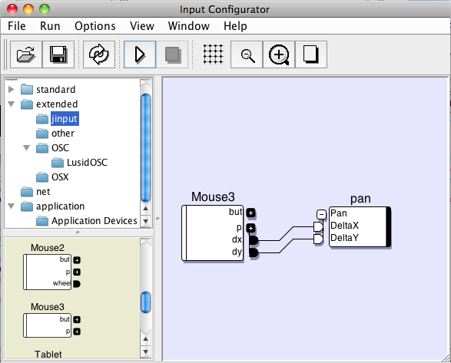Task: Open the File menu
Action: click(16, 26)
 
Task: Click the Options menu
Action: click(95, 26)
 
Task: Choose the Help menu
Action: click(235, 26)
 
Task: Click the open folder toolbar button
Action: click(26, 54)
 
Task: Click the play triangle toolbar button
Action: click(140, 54)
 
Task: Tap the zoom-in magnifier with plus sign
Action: click(279, 54)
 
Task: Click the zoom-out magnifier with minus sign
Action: click(247, 54)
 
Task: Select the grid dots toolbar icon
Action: click(213, 54)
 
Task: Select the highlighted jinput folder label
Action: click(65, 119)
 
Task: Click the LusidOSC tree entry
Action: click(87, 163)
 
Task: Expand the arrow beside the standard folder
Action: click(12, 89)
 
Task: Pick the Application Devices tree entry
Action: click(95, 221)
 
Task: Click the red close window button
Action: click(12, 9)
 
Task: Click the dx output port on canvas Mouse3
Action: click(254, 240)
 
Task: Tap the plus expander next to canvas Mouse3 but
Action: click(250, 213)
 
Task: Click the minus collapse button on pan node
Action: click(321, 214)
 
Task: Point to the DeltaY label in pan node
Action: click(344, 238)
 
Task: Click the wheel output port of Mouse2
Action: click(77, 284)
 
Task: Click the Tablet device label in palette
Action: click(48, 354)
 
